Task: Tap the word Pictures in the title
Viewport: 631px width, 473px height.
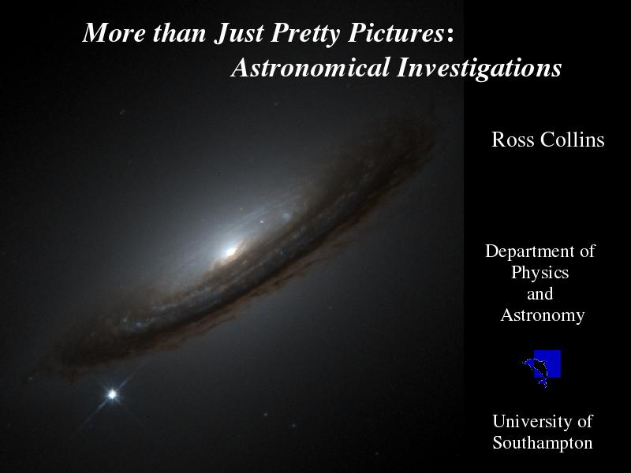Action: (x=396, y=32)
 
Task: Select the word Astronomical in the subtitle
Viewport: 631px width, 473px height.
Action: (x=311, y=67)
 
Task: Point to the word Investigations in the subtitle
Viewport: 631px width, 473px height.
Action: (x=479, y=69)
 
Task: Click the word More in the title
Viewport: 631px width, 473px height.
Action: (x=114, y=32)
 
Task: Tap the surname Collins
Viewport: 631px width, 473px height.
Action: (x=573, y=140)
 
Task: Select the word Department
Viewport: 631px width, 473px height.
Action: (x=530, y=251)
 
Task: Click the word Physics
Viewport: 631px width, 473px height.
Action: (x=540, y=273)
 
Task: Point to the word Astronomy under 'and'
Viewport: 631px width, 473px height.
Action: (x=542, y=315)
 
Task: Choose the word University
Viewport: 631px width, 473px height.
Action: (x=532, y=422)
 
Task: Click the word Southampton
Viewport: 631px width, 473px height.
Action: (x=542, y=443)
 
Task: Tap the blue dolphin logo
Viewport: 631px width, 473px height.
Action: (x=542, y=367)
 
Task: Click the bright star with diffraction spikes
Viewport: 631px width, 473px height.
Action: (x=112, y=394)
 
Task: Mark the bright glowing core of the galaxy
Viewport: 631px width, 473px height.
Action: (x=230, y=252)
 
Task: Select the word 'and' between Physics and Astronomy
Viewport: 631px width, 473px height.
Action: (x=540, y=294)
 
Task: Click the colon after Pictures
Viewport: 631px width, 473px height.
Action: (x=450, y=35)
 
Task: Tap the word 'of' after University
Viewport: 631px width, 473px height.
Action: (x=584, y=421)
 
